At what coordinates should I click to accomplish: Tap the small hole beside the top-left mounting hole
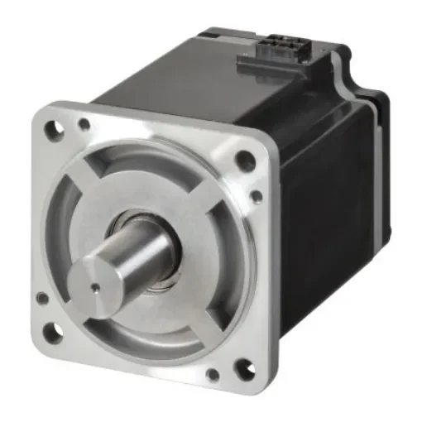click(84, 125)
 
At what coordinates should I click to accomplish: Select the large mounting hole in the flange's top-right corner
click(246, 160)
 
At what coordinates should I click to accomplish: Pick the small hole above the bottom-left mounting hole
click(41, 299)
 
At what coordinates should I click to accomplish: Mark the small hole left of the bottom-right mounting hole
click(213, 374)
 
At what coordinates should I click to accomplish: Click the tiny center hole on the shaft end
click(96, 289)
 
